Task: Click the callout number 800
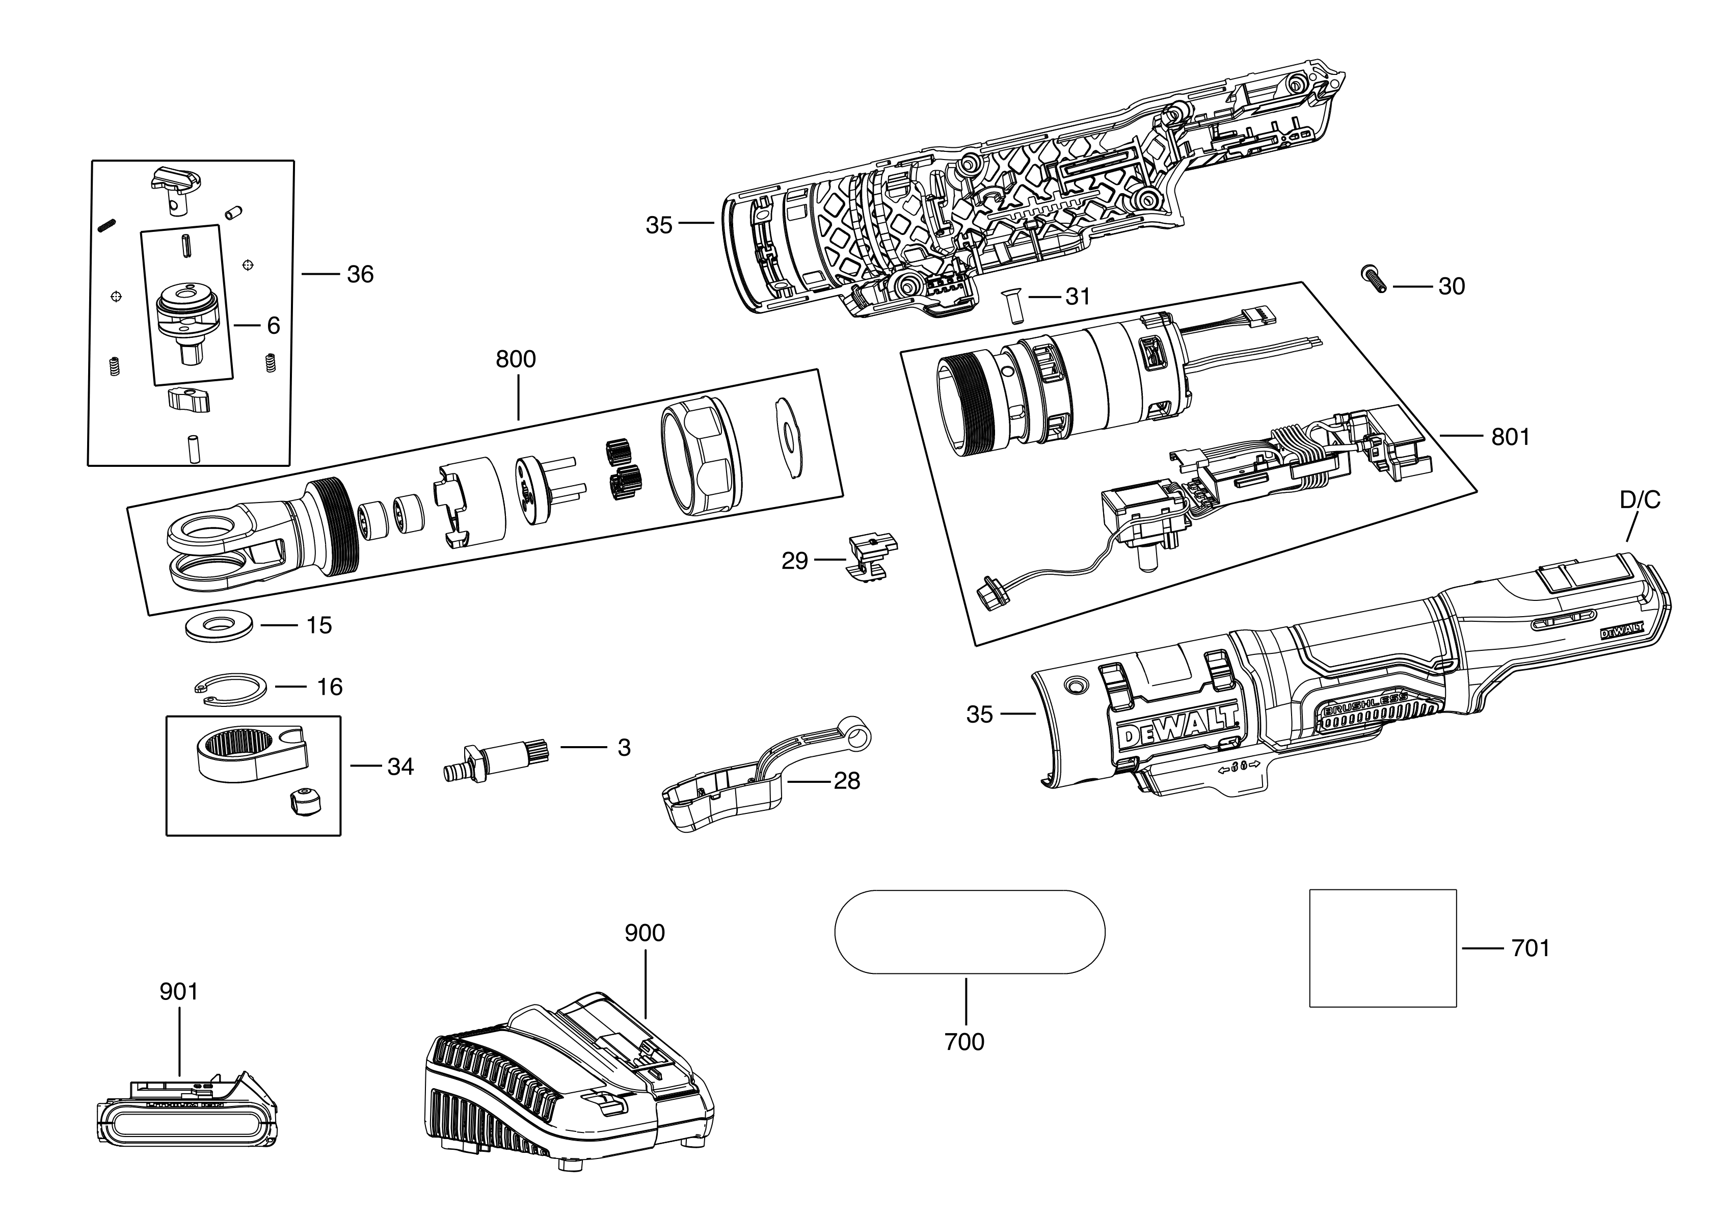point(516,360)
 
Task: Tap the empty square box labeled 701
point(1383,948)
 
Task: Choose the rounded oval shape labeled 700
point(970,932)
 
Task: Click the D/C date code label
point(1639,500)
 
